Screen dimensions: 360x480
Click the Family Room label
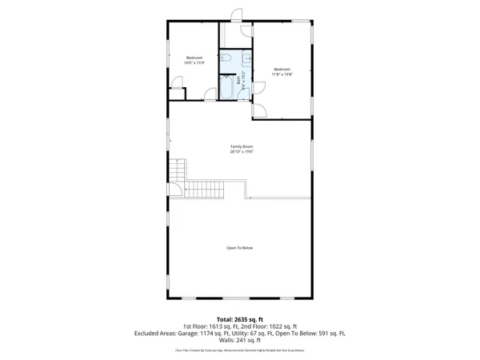tap(239, 146)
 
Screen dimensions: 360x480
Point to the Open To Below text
tap(239, 248)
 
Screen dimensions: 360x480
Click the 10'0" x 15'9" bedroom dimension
tap(194, 63)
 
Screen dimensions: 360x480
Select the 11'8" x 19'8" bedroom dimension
tap(282, 74)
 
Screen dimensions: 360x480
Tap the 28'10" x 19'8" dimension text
tap(239, 152)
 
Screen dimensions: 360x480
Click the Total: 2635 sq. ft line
tap(240, 319)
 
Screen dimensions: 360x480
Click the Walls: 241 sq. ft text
tap(240, 342)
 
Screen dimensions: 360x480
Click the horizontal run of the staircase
tap(203, 190)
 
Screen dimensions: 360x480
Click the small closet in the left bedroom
tap(177, 94)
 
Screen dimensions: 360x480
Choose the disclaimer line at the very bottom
tap(240, 350)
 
